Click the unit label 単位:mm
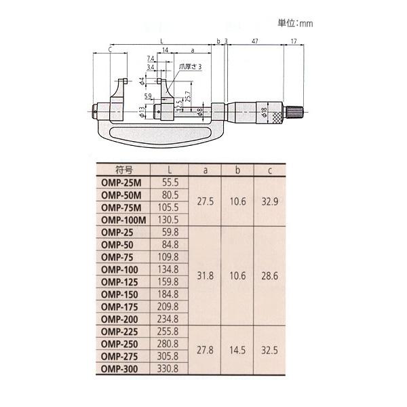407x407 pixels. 295,23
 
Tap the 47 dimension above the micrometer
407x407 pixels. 255,41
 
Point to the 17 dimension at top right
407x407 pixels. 294,41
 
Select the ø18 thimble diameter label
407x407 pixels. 264,112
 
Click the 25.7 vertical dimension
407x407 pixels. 189,96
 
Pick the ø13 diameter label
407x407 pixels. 142,112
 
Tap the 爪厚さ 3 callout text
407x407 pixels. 190,66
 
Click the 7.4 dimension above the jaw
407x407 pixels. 151,58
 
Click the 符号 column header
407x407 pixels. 124,170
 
